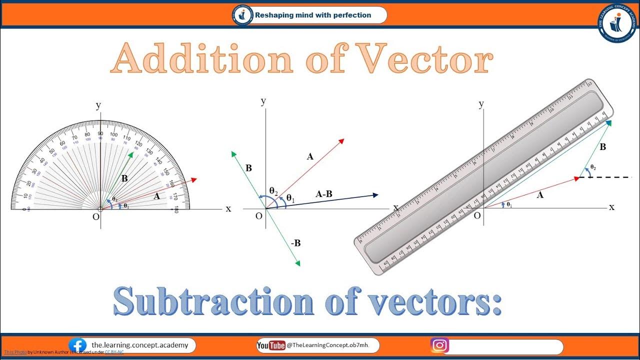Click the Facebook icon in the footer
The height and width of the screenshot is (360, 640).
coord(77,345)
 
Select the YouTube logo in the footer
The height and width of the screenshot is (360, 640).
coord(270,345)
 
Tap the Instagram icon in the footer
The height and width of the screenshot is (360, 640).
coord(439,345)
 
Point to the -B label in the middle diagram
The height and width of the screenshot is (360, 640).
coord(295,243)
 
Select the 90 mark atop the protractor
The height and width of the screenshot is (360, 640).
coord(100,133)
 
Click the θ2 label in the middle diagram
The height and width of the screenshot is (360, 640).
coord(273,190)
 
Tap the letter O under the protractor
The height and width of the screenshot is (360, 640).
coord(95,217)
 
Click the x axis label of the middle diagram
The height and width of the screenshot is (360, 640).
coord(395,207)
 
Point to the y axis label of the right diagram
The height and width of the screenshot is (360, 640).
coord(481,104)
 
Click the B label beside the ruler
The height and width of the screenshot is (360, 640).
coord(602,147)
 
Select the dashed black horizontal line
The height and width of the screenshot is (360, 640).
coord(607,177)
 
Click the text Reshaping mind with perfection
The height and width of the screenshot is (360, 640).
coord(313,15)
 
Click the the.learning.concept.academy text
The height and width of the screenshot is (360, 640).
coord(139,345)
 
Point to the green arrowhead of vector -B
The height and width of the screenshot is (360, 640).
coord(297,263)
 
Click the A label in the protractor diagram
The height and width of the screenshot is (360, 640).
coord(156,196)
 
